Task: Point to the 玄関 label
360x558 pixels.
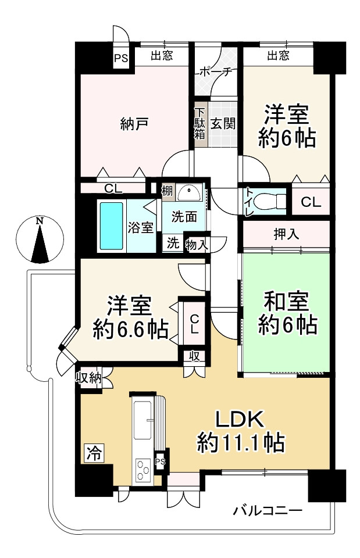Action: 222,123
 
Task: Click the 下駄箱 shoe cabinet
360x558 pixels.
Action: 200,124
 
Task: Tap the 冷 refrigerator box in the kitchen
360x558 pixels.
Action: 92,452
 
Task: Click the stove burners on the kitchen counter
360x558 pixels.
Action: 142,470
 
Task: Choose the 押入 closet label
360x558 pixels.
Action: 286,235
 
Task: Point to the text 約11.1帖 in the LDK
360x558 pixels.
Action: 240,443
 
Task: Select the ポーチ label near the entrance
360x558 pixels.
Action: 216,72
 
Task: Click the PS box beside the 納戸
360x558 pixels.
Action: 121,58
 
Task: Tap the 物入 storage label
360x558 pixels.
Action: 196,244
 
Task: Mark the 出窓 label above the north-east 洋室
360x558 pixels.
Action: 279,56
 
